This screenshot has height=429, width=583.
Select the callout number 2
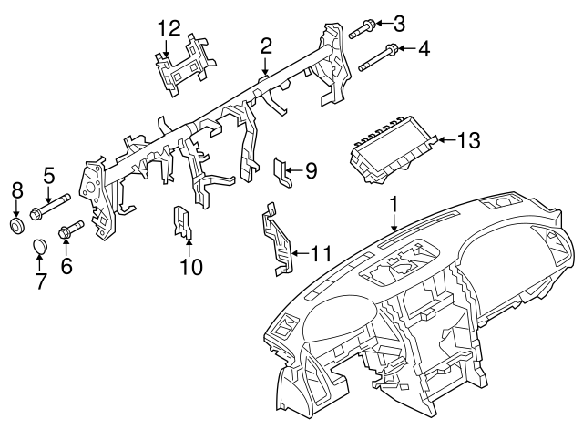(x=266, y=45)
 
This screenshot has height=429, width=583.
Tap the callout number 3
(x=399, y=22)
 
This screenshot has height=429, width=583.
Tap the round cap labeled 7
(x=41, y=246)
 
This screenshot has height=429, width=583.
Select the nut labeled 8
(x=16, y=223)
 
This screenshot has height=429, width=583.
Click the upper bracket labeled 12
(x=187, y=62)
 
